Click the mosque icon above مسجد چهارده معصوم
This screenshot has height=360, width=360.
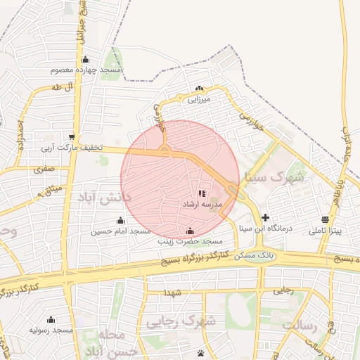pos(86,60)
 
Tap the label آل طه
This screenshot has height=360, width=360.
pos(63,86)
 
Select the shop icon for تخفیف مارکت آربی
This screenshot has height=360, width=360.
pos(72,136)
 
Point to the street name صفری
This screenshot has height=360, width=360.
pos(43,169)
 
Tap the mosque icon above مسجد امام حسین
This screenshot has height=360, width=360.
pos(120,221)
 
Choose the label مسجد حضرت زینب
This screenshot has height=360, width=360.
pos(189,241)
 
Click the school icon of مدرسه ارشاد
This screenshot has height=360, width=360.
pos(202,193)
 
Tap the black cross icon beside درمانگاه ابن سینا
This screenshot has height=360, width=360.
pos(265,218)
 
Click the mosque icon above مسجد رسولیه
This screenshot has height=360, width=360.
pos(51,319)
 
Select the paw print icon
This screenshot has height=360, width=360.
pos(202,352)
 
